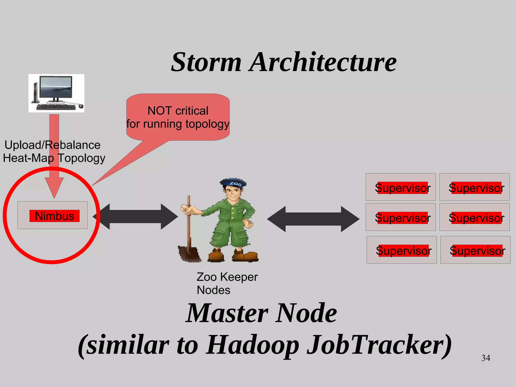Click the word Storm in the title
[x=206, y=62]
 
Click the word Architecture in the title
[x=323, y=62]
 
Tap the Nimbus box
[x=53, y=216]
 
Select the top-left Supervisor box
[x=401, y=187]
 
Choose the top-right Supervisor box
[x=474, y=187]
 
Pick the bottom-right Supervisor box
[x=475, y=250]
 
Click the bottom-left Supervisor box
[x=402, y=250]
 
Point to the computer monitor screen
[x=56, y=87]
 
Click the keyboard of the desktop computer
[x=56, y=107]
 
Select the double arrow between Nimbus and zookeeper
[x=136, y=217]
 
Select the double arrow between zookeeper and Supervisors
[x=313, y=219]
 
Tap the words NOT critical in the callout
[x=178, y=111]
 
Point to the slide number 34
[x=486, y=358]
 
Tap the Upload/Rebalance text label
[x=52, y=145]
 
